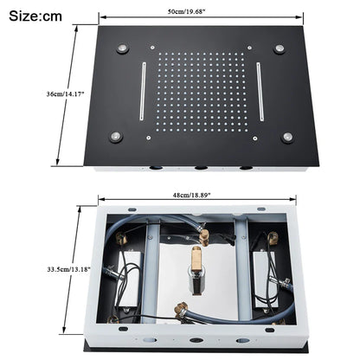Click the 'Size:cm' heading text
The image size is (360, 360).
(35, 16)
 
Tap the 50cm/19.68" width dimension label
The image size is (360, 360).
(201, 10)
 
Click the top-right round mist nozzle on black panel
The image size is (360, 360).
(280, 48)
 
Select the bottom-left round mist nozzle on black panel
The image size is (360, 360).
(114, 134)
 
